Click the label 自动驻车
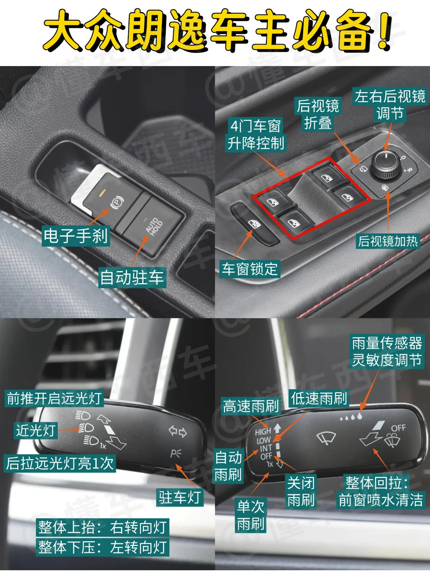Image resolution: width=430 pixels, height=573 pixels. pos(132,277)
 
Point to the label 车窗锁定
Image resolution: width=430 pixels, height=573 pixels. pos(250,269)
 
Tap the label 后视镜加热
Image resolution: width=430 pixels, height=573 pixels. pos(388,241)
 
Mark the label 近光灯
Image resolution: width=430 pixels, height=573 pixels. pos(35,431)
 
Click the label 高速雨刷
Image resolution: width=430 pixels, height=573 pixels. pos(251,406)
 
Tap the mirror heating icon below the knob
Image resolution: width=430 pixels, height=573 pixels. pos(384,187)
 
